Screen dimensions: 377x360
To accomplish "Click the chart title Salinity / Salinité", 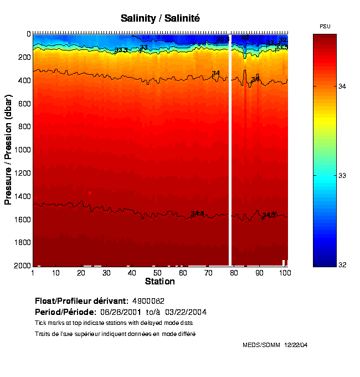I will pos(160,18).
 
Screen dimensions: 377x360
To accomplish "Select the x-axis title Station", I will pos(160,282).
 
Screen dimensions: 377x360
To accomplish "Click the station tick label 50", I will pos(157,273).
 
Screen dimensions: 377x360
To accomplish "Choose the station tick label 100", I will pos(285,273).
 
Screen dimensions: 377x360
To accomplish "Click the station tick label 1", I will pos(33,273).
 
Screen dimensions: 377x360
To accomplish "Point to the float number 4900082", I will pos(148,301).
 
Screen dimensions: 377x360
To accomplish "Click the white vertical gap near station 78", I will pos(230,150).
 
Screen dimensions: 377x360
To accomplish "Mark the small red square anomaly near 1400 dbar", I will pos(90,193).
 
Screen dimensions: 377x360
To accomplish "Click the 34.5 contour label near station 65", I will pos(198,213).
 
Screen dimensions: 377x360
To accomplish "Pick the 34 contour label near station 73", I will pos(215,73).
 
